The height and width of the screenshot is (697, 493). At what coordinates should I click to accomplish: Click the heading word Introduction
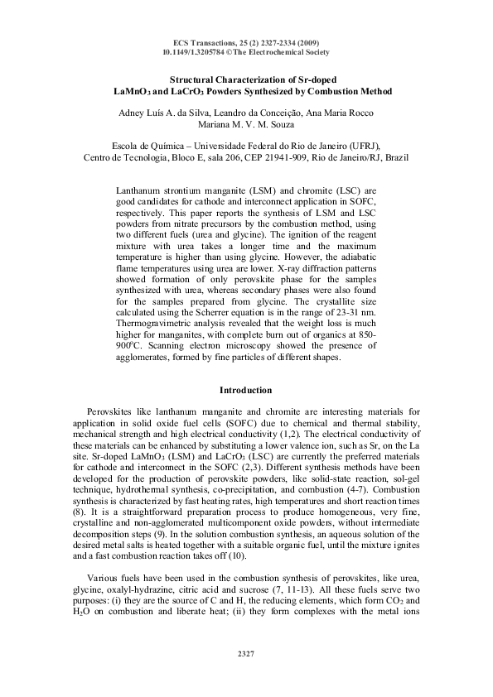pos(245,389)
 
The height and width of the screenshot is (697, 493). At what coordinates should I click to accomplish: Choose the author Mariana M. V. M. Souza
pos(245,126)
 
